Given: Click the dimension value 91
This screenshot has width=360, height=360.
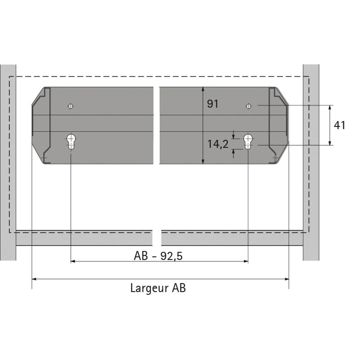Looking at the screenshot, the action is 213,104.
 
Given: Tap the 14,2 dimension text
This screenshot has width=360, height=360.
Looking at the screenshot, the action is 218,144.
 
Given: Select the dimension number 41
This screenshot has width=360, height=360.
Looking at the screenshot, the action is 340,126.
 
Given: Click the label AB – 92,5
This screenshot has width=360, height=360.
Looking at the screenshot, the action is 158,256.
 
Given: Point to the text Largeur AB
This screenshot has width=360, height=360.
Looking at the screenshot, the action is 158,288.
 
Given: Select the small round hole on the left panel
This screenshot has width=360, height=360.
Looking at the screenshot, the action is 71,106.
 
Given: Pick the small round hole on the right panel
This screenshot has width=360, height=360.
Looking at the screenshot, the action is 248,106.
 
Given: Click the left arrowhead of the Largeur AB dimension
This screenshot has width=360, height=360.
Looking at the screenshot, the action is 34,279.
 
